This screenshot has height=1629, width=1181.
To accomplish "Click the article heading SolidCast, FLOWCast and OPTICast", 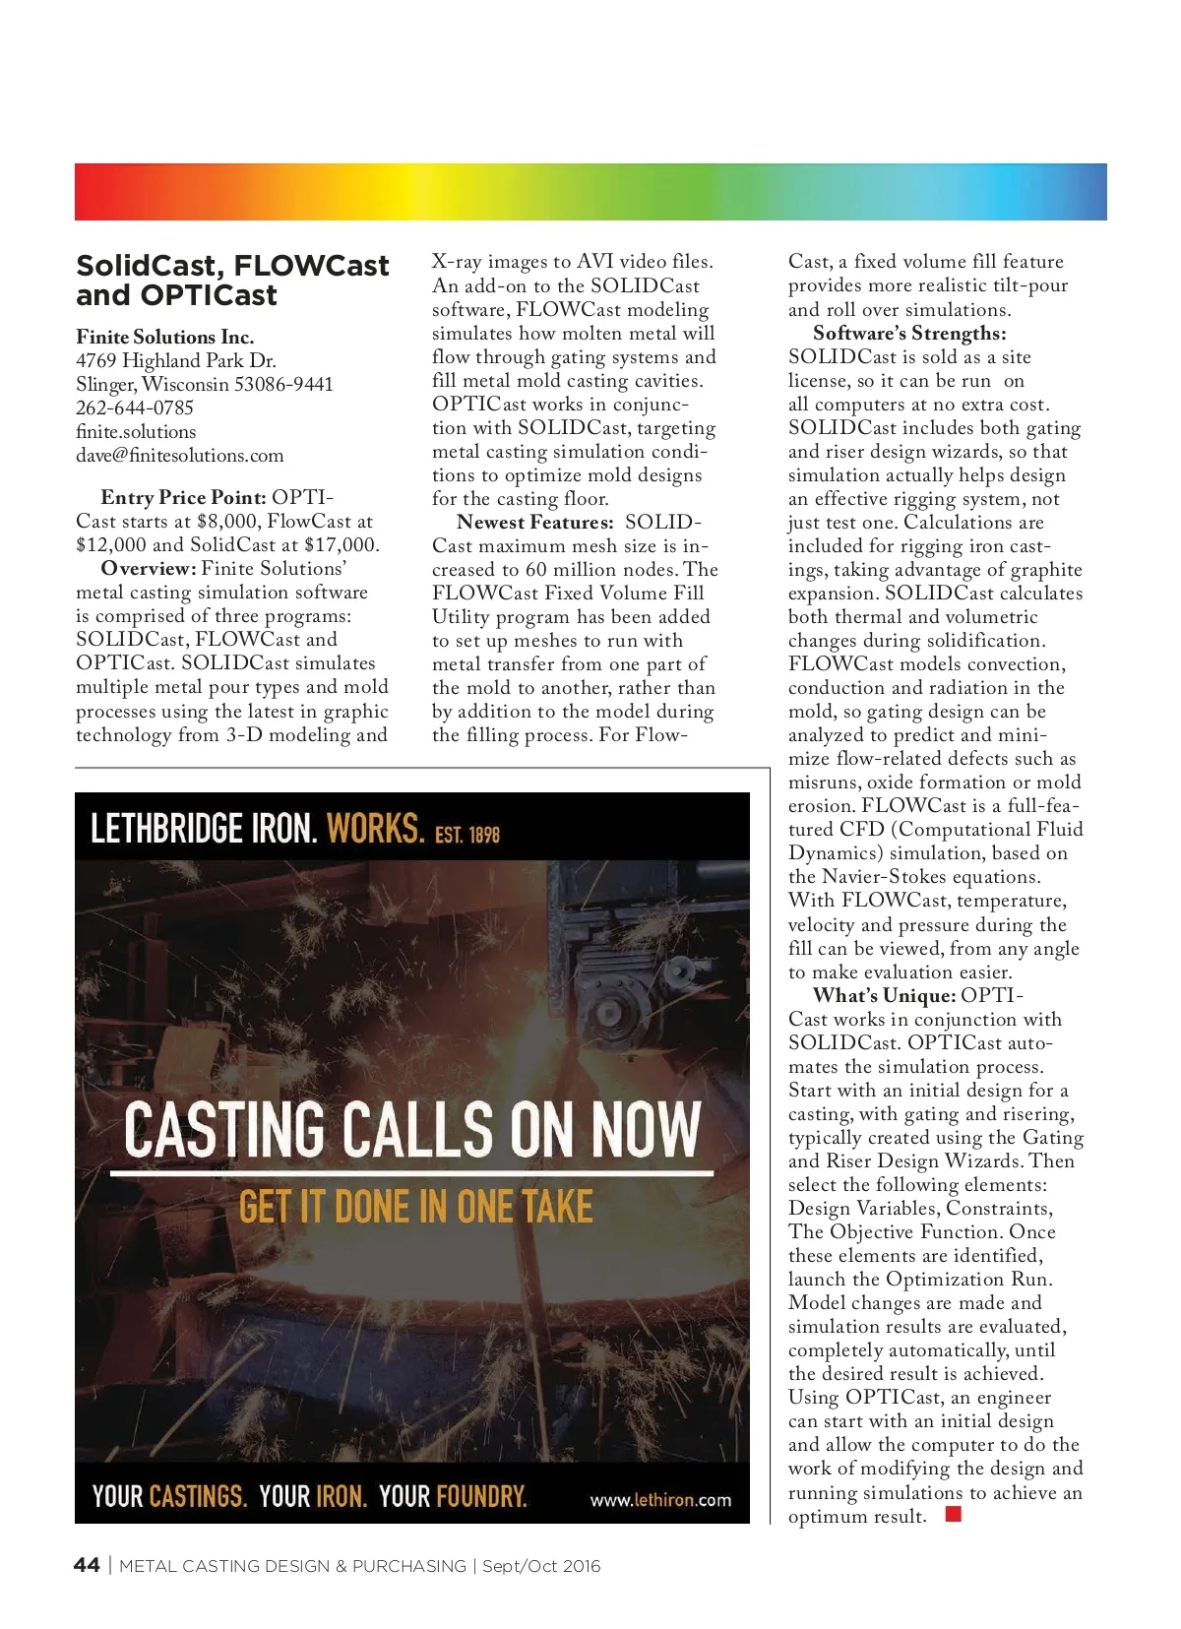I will coord(232,281).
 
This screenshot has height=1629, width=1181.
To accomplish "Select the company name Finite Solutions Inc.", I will coord(164,337).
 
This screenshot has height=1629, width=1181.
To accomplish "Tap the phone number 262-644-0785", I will coord(135,407).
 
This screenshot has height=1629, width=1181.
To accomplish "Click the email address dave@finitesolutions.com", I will coord(179,455).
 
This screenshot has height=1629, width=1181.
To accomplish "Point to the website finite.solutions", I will coord(136,431).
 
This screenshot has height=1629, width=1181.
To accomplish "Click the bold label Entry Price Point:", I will coord(183,497).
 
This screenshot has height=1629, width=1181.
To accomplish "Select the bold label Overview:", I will coord(149,568).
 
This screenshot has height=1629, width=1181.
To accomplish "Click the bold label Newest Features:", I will coord(534,522).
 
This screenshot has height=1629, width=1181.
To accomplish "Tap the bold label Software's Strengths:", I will coord(909,333).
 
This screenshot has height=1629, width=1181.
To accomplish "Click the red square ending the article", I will coord(952,1514).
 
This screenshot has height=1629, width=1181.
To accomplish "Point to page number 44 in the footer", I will coord(87,1565).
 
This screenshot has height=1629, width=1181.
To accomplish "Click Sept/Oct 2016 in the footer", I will coord(540,1566).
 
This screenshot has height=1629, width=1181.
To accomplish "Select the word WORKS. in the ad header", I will coord(375,829).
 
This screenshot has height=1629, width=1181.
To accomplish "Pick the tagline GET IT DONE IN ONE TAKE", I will coord(415,1207).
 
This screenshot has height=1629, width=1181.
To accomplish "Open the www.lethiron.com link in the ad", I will coord(660,1500).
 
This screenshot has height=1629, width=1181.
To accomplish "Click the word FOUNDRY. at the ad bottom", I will coord(481,1497).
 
